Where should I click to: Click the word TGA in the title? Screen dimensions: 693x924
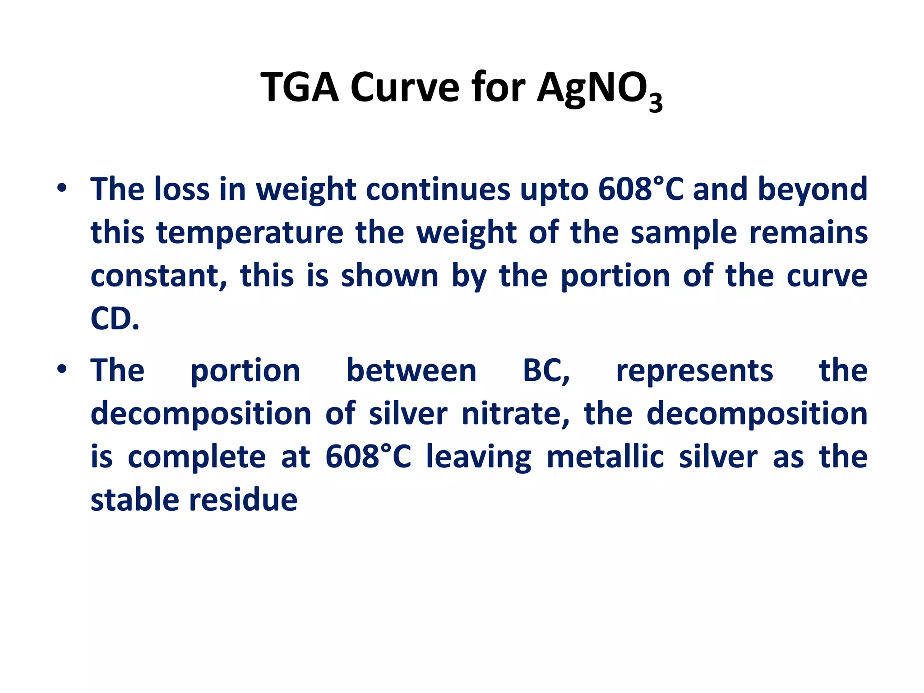299,87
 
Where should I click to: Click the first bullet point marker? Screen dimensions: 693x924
62,189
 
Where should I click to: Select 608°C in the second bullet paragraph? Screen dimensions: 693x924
368,457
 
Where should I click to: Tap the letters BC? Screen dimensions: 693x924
546,371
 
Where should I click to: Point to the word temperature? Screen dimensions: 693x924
249,233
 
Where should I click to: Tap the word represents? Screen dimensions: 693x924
694,371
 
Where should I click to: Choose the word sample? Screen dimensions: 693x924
683,233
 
